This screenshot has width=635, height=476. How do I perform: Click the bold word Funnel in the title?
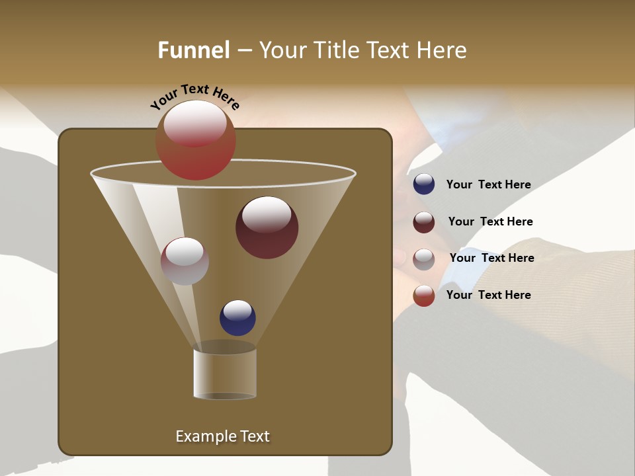pyautogui.click(x=193, y=50)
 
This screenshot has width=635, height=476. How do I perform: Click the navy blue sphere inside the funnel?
pyautogui.click(x=237, y=318)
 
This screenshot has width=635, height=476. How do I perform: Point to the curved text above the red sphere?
pyautogui.click(x=194, y=95)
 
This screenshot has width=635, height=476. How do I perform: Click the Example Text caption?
pyautogui.click(x=222, y=436)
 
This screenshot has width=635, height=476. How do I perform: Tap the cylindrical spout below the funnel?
pyautogui.click(x=225, y=374)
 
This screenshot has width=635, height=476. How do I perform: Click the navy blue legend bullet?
pyautogui.click(x=424, y=184)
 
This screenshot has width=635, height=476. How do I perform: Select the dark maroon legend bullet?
pyautogui.click(x=424, y=222)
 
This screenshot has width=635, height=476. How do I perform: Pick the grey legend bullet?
pyautogui.click(x=424, y=259)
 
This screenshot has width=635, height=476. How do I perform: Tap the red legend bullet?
pyautogui.click(x=424, y=296)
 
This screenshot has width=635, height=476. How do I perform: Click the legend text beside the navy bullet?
pyautogui.click(x=488, y=185)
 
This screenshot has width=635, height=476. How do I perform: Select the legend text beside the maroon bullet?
pyautogui.click(x=490, y=222)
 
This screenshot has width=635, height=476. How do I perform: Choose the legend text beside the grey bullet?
pyautogui.click(x=491, y=258)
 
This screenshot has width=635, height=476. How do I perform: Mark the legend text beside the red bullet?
pyautogui.click(x=488, y=296)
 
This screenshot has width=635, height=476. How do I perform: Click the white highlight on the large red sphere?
pyautogui.click(x=195, y=124)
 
